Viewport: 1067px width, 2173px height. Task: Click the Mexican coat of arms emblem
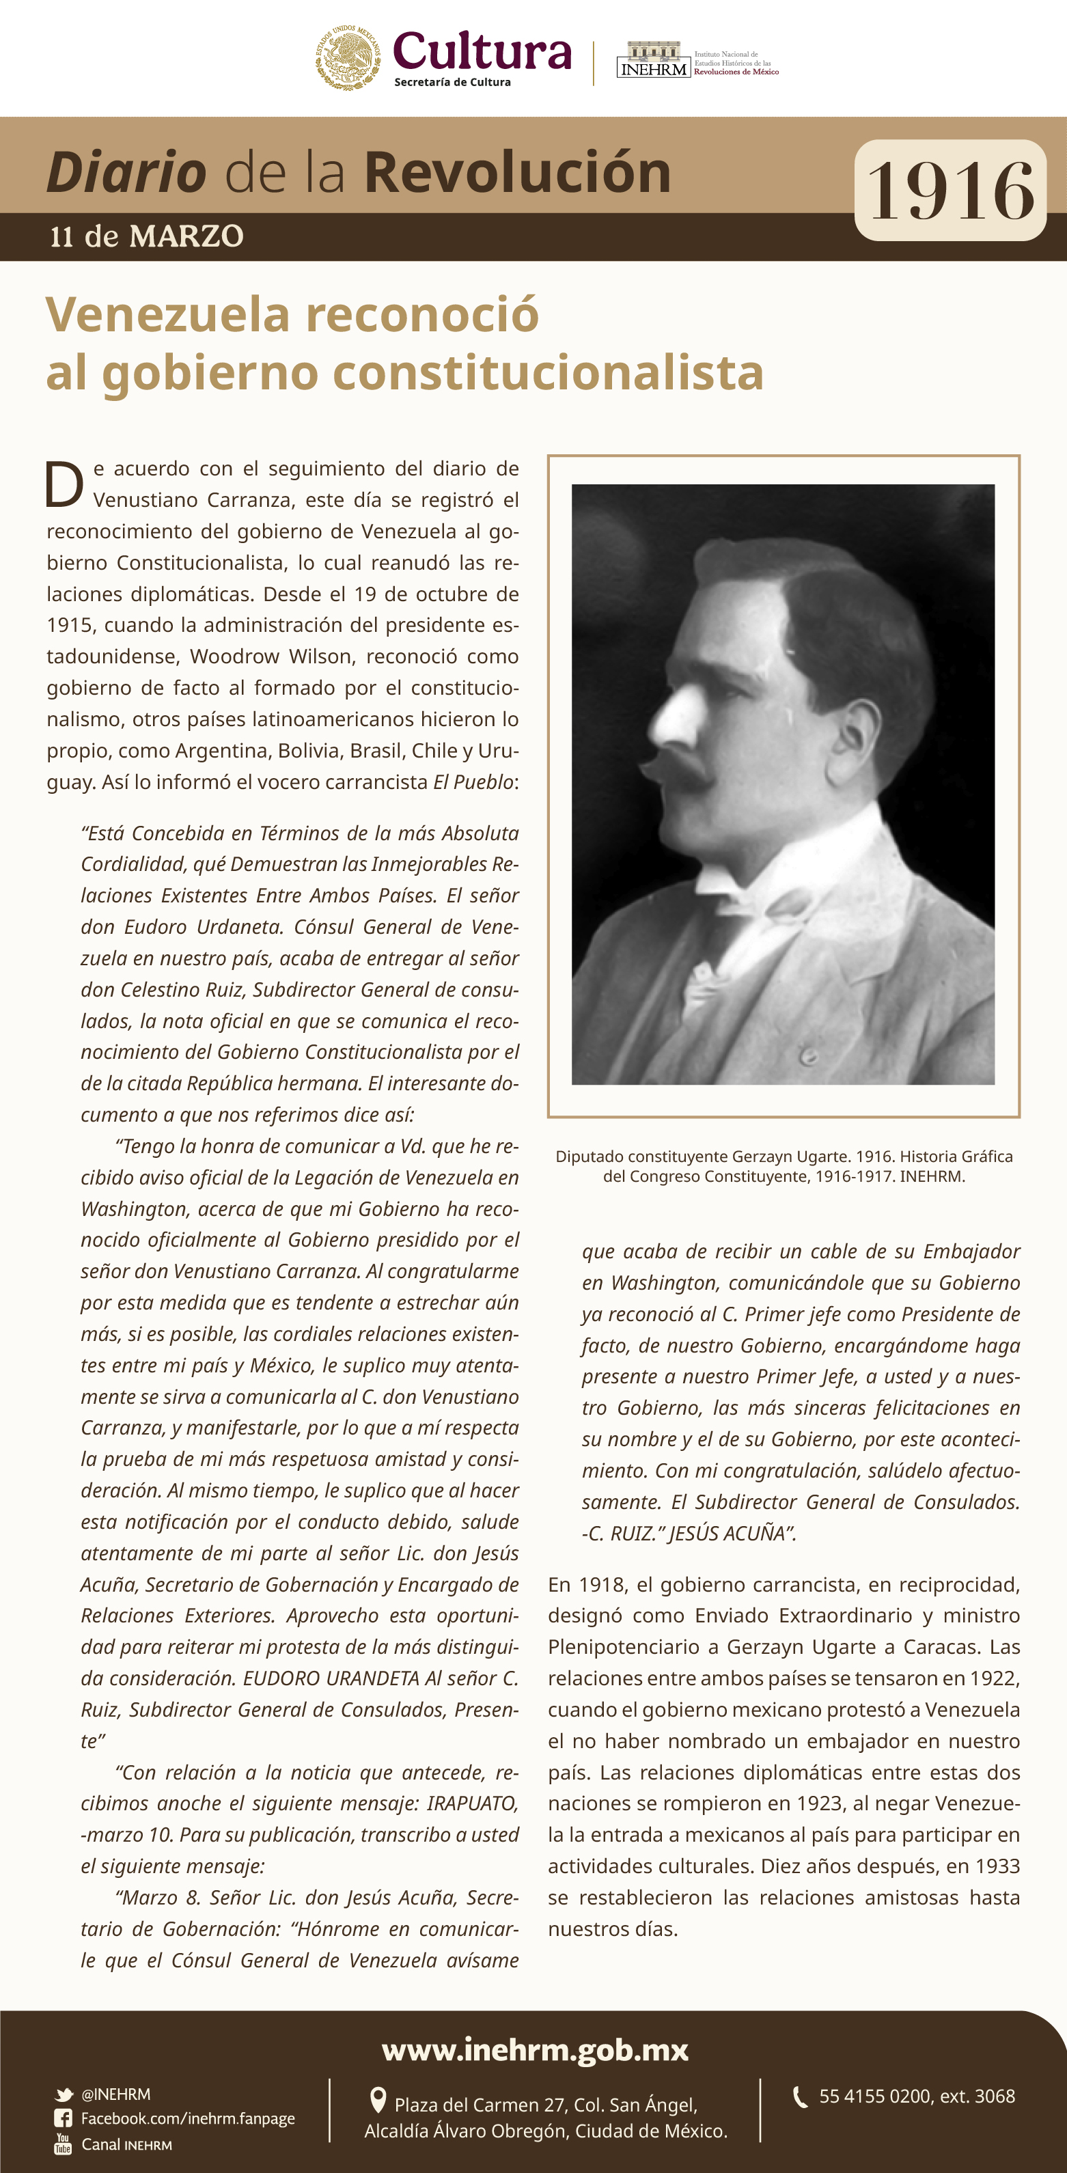click(x=348, y=57)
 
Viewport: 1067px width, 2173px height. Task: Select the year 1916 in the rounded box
click(x=951, y=191)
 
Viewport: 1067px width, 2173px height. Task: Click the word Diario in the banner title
click(x=126, y=172)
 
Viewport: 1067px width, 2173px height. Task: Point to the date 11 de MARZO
click(x=147, y=236)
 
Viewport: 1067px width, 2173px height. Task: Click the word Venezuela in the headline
click(x=168, y=315)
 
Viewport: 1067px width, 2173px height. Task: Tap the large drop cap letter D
click(x=64, y=485)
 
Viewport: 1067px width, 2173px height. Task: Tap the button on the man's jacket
click(x=807, y=1055)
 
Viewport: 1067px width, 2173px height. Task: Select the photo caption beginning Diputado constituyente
click(x=784, y=1166)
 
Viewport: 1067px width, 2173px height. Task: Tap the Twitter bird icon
click(x=64, y=2094)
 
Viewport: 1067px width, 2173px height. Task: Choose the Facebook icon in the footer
click(x=64, y=2118)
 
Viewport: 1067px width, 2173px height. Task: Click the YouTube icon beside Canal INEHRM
click(x=64, y=2144)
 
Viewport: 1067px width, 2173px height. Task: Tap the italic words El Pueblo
click(x=473, y=782)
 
